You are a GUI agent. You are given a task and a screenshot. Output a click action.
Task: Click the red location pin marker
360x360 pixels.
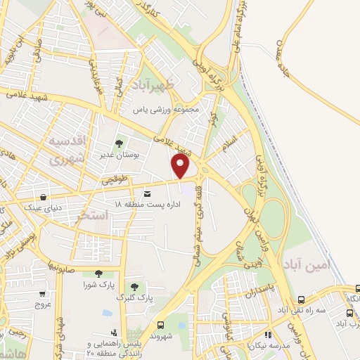[181, 167]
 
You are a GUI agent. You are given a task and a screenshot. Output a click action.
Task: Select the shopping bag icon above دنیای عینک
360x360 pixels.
[44, 197]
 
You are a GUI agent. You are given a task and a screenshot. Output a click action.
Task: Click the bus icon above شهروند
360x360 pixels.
[162, 325]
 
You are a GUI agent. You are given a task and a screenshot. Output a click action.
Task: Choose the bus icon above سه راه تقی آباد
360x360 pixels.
[300, 298]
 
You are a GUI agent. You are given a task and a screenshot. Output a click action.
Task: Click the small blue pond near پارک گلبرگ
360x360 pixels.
[108, 312]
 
